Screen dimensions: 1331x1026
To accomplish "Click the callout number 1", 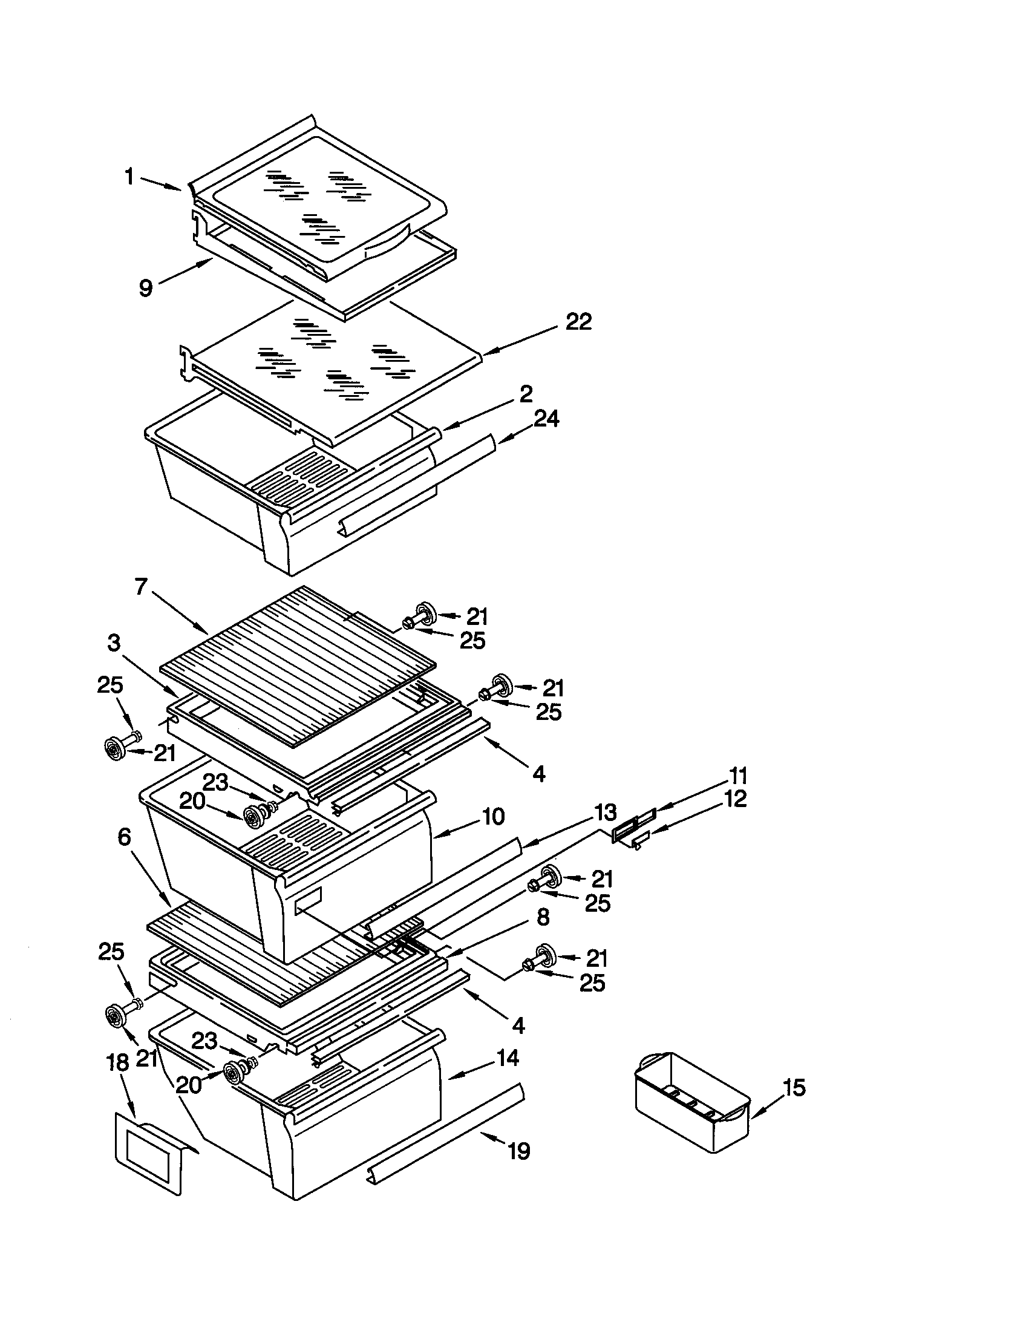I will click(129, 177).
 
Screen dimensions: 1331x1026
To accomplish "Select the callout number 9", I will click(145, 287).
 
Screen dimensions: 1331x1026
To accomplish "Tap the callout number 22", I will click(578, 322).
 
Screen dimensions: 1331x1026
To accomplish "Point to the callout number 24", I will click(546, 419).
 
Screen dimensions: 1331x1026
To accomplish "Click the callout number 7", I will click(141, 587).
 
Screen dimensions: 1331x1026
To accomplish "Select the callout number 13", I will click(605, 812).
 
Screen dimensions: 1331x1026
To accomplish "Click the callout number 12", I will click(736, 799).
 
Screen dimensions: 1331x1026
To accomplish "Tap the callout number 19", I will click(519, 1151).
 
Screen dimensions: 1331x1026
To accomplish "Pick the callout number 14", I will click(507, 1058).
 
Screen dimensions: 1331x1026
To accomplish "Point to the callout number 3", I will click(114, 643).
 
